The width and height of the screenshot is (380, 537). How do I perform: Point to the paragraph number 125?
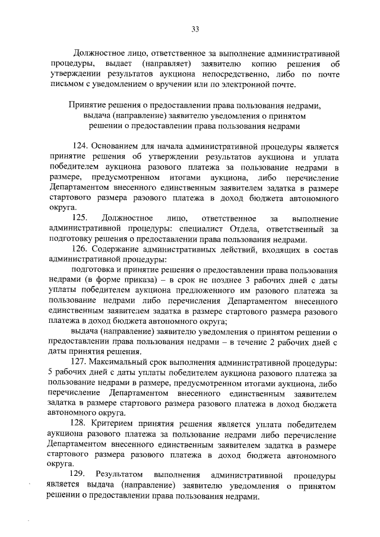coord(80,219)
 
